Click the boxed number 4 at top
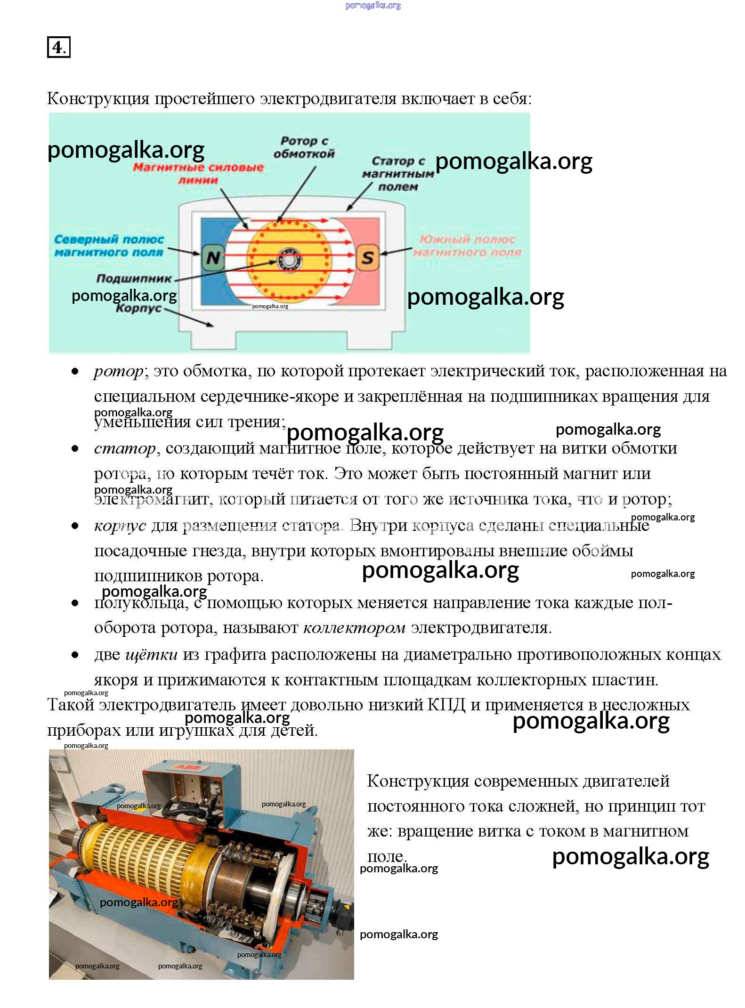coord(58,47)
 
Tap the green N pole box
coord(213,257)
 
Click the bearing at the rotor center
coord(287,260)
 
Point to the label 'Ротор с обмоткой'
coord(304,147)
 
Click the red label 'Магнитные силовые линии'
coord(198,173)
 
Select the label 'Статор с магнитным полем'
coord(398,174)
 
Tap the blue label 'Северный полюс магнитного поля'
coord(109,245)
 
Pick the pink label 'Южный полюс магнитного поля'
coord(468,245)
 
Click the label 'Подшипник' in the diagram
coord(134,278)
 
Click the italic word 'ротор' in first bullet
coord(119,372)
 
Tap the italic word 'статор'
coord(125,448)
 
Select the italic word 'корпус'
coord(120,525)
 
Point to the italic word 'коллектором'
coord(354,628)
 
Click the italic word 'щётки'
coord(151,655)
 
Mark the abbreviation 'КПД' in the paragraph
coord(446,705)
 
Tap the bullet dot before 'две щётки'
coord(75,655)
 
